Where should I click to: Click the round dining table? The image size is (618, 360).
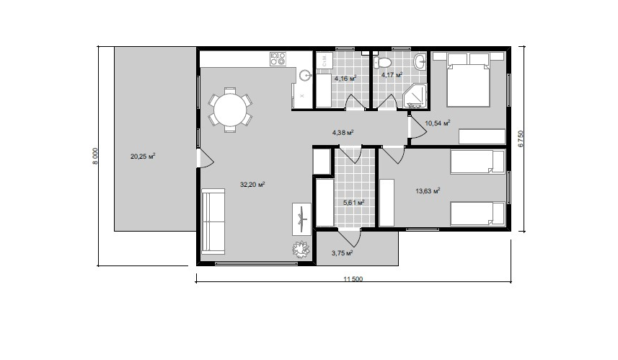230,109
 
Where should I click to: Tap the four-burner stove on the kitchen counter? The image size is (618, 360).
278,59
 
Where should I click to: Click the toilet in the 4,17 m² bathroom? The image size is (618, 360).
382,62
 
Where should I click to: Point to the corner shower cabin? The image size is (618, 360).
415,96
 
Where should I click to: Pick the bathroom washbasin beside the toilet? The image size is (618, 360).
420,61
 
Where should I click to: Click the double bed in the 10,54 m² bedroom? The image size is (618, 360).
469,79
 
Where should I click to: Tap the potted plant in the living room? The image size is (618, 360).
301,249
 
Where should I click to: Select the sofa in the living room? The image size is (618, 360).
213,221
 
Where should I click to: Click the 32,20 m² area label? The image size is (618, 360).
252,184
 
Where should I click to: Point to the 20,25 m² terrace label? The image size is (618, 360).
143,156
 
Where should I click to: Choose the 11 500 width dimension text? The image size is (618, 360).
353,279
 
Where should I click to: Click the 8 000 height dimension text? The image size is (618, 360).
94,156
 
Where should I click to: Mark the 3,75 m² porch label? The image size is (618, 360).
342,253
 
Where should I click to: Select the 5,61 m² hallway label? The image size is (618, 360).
353,203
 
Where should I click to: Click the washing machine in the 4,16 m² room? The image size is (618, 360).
325,61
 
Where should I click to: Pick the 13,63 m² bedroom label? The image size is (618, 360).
428,191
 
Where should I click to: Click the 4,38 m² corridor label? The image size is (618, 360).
343,133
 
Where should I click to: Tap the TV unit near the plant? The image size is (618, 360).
301,219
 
